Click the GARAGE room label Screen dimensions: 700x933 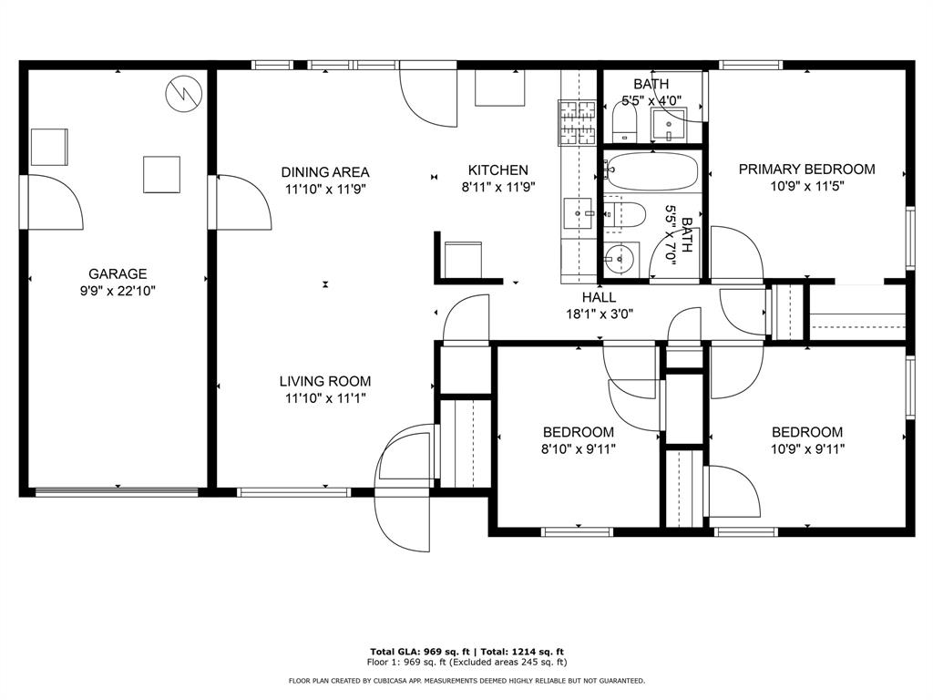click(118, 273)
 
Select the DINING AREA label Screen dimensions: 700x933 click(325, 171)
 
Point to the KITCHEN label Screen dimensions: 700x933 click(497, 170)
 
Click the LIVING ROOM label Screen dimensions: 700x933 click(325, 381)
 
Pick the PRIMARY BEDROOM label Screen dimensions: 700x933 click(806, 169)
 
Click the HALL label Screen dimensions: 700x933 click(599, 297)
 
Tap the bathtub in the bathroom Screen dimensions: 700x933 click(652, 171)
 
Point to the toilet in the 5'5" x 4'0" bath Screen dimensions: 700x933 click(625, 123)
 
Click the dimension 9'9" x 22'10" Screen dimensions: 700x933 click(118, 291)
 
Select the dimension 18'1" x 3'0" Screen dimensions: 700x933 click(599, 314)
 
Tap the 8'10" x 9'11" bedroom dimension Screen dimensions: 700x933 click(578, 448)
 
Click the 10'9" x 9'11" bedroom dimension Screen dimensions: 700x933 click(806, 448)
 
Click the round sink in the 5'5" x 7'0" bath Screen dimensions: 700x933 click(620, 259)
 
